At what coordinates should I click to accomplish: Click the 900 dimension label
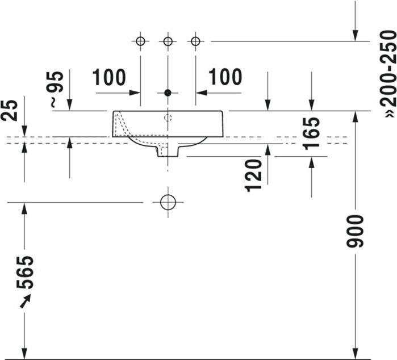click(x=355, y=231)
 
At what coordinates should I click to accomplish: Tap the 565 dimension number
click(x=24, y=273)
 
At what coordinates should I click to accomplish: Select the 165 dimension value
click(x=311, y=133)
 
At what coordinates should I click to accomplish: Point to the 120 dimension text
click(x=253, y=175)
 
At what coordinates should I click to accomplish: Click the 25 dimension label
click(x=9, y=110)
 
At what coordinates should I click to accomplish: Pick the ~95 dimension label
click(x=56, y=89)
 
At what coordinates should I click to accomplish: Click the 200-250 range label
click(x=388, y=74)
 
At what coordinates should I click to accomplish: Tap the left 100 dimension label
click(x=109, y=77)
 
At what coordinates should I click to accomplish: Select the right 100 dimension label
click(x=225, y=77)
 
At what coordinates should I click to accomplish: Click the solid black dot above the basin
click(x=168, y=93)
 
